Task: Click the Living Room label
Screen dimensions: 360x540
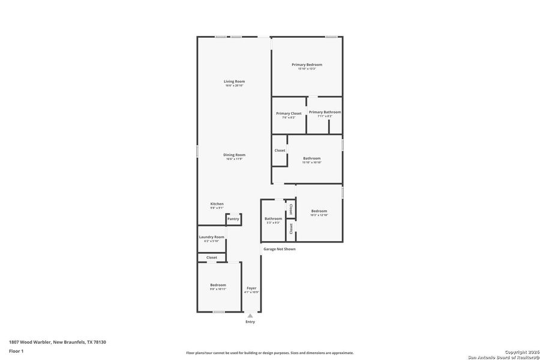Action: tap(234, 82)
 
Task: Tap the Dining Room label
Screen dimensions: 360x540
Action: tap(234, 155)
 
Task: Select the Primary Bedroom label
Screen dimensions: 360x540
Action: tap(307, 65)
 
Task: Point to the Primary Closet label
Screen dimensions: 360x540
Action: tap(289, 113)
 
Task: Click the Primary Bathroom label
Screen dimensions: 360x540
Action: tap(325, 112)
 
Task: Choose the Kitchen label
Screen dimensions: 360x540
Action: tap(217, 204)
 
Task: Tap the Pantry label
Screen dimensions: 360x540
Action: tap(233, 219)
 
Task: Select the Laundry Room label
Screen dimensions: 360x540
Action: tap(211, 237)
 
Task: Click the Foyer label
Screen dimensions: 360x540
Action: tap(251, 288)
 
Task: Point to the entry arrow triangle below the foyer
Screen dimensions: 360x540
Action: tap(250, 315)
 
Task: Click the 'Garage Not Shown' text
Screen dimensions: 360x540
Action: tap(280, 249)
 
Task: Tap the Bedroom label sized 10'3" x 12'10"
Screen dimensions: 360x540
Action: tap(319, 211)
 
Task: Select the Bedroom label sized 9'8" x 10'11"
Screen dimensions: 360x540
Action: tap(218, 285)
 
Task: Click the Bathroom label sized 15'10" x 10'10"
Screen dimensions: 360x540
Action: tap(312, 158)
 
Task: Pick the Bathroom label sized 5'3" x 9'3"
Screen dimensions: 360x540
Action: tap(273, 219)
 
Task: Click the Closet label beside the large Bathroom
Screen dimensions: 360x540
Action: tap(280, 151)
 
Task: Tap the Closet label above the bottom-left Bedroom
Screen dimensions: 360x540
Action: tap(212, 257)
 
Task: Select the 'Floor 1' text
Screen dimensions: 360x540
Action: tap(16, 350)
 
